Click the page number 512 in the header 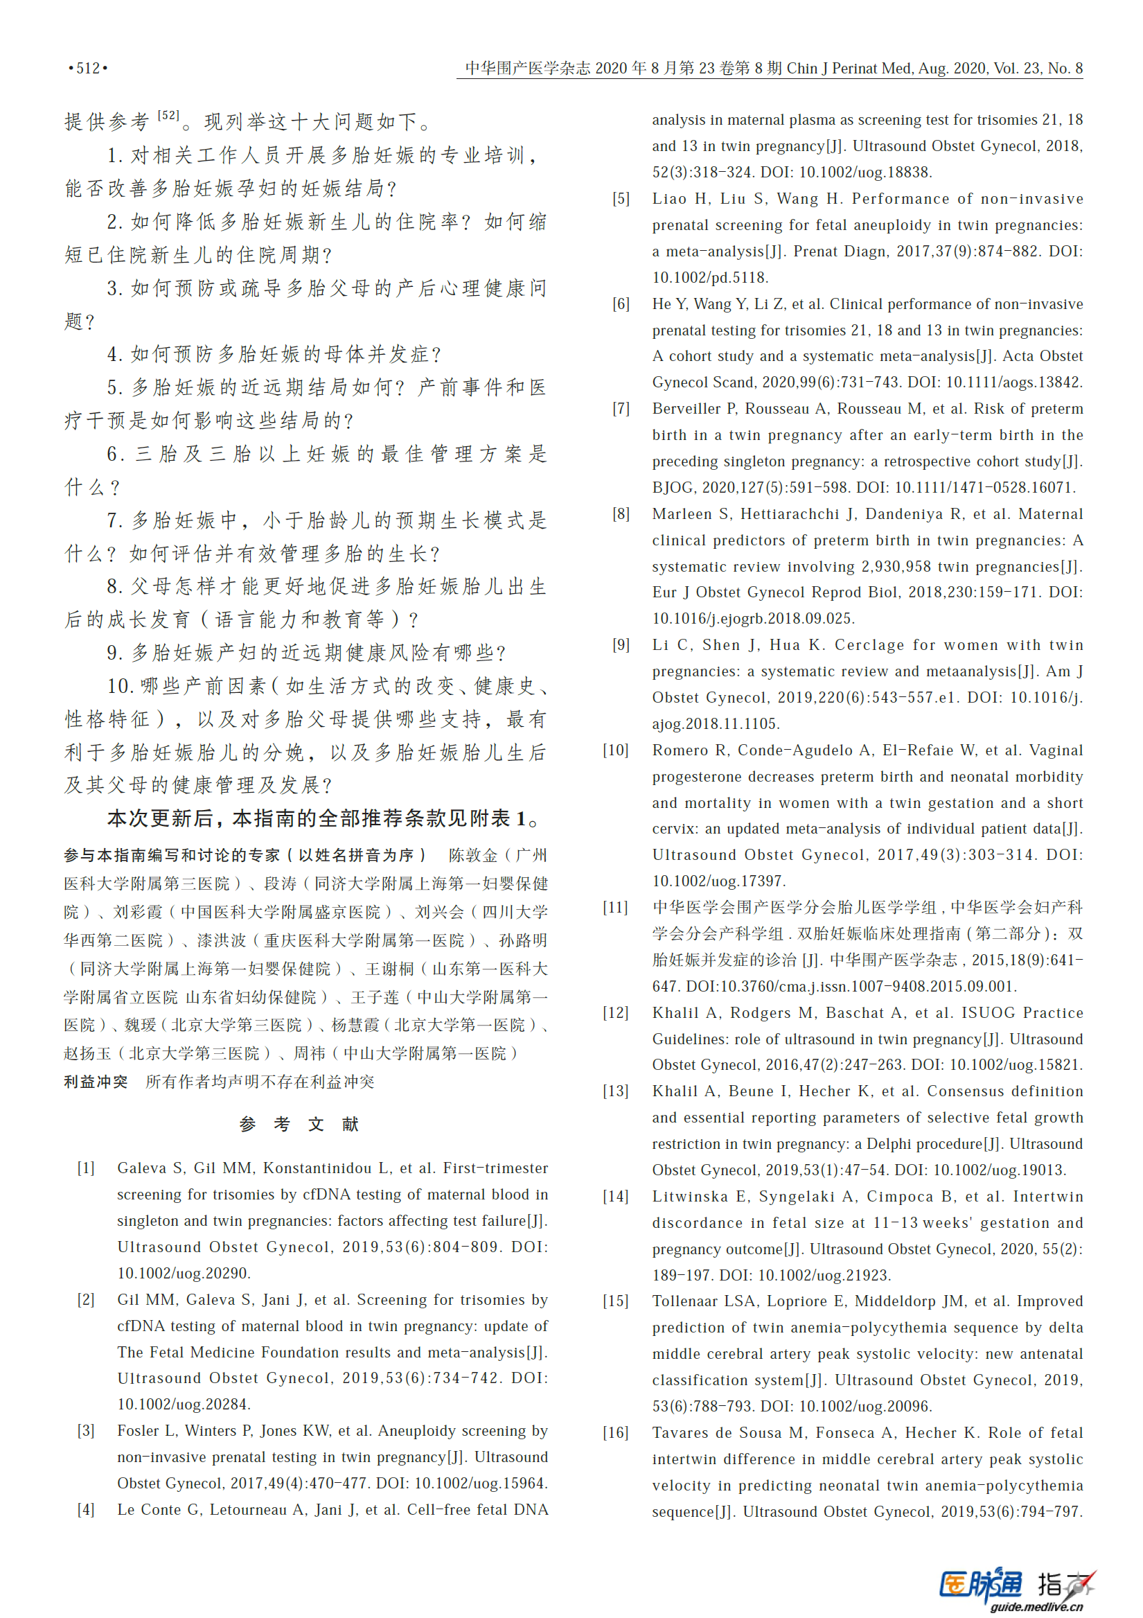pos(88,69)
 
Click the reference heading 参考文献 pos(299,1124)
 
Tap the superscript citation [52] pos(168,116)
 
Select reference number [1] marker pos(86,1168)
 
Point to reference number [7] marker pos(621,409)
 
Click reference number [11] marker pos(615,908)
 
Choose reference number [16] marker pos(615,1433)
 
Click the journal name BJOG pos(672,488)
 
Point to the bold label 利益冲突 pos(96,1082)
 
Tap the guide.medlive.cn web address pos(1036,1607)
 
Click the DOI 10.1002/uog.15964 pos(480,1484)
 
